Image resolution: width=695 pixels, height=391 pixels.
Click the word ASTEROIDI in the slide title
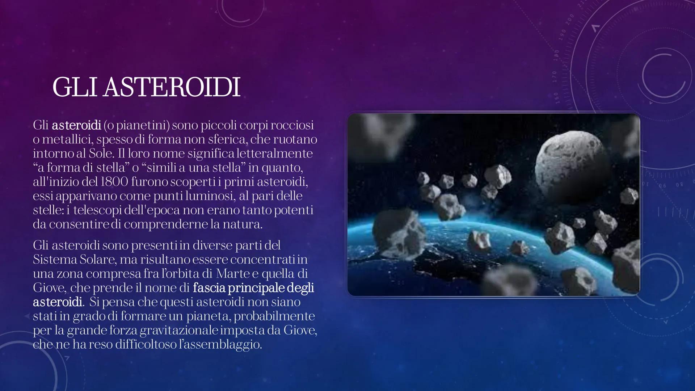[x=172, y=87]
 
